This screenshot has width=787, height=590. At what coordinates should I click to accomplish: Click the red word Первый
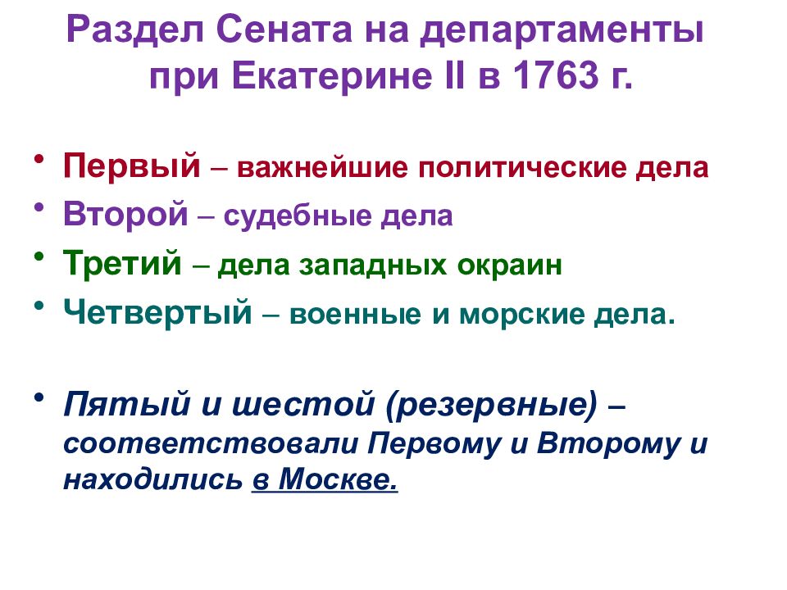click(132, 167)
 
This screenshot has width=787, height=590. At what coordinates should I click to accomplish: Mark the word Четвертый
click(157, 313)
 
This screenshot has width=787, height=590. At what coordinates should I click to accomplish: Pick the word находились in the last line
click(153, 479)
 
